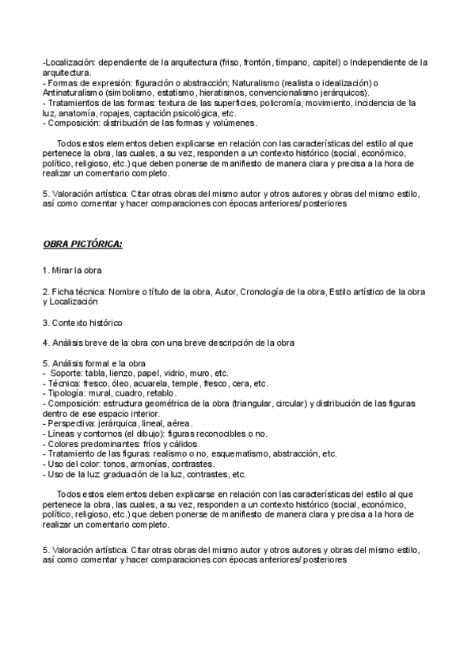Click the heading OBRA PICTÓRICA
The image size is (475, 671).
pyautogui.click(x=82, y=243)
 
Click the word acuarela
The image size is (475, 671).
pyautogui.click(x=135, y=383)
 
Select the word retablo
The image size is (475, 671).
pyautogui.click(x=159, y=393)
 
